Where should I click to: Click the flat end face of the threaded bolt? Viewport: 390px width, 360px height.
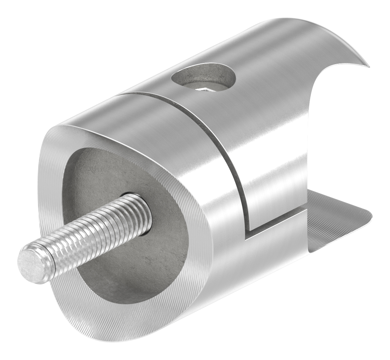32,265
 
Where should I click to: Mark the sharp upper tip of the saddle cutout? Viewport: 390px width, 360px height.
368,66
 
